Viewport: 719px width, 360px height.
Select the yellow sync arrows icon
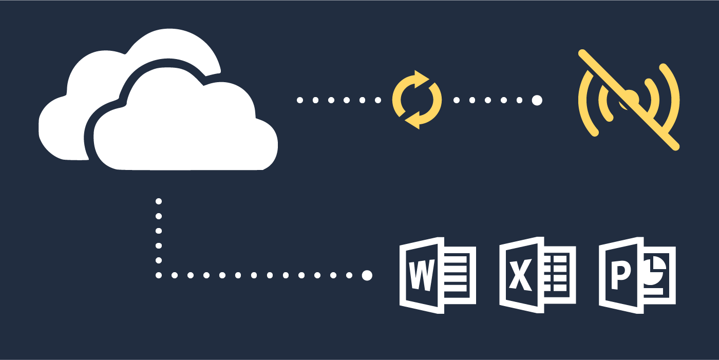click(x=417, y=100)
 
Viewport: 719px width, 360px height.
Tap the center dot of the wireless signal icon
click(x=631, y=98)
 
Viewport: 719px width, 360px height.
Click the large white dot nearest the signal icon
click(x=537, y=100)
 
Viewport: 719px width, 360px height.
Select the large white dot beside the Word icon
click(x=367, y=275)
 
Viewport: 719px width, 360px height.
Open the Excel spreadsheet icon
click(x=537, y=275)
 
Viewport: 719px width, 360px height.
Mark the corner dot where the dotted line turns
click(x=159, y=275)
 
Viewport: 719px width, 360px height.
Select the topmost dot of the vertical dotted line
click(x=159, y=201)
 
